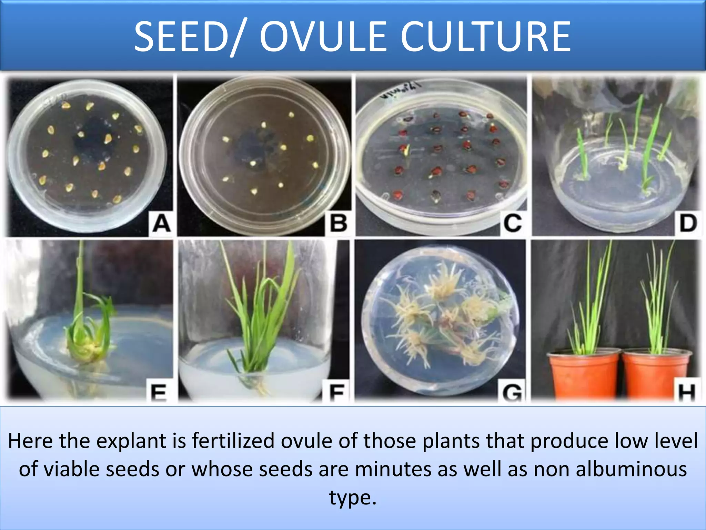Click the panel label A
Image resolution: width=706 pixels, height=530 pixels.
click(x=161, y=223)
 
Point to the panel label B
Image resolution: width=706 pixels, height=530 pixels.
click(x=338, y=223)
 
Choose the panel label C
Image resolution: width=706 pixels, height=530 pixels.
click(x=513, y=223)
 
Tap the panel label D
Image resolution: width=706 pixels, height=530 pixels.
click(x=688, y=223)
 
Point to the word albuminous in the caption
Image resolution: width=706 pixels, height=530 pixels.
click(x=631, y=469)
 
